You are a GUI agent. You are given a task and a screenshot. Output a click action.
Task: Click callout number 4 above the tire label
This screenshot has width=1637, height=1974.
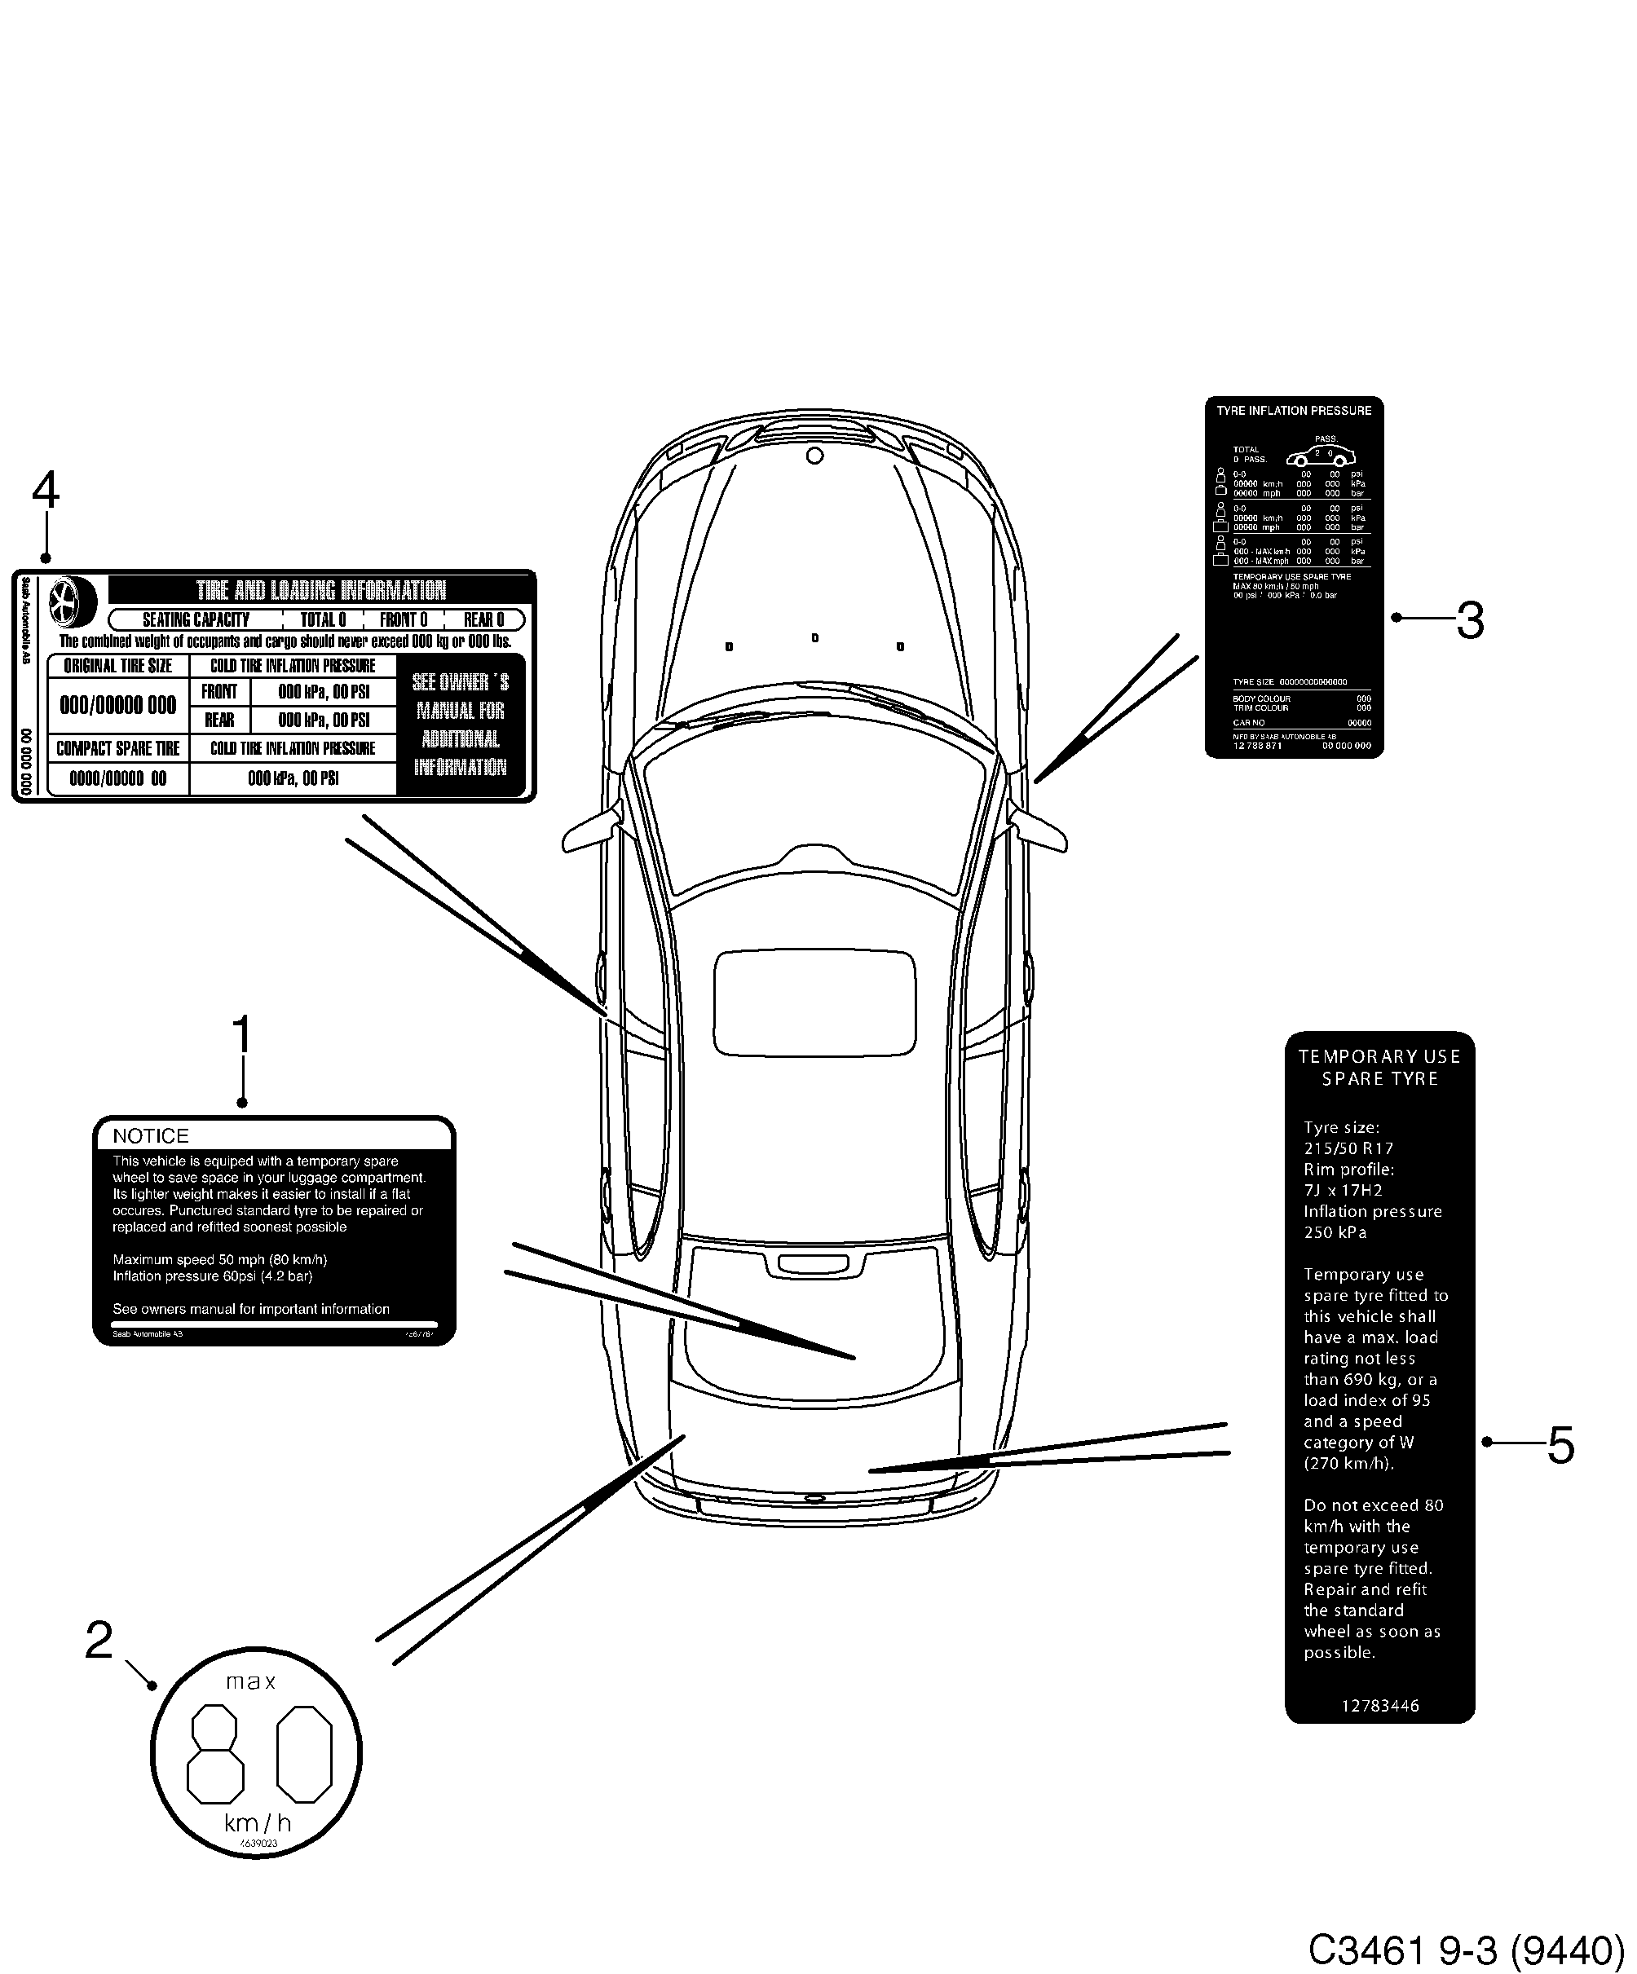tap(45, 491)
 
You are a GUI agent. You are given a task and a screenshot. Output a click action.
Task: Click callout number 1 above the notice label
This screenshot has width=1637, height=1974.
tap(241, 1036)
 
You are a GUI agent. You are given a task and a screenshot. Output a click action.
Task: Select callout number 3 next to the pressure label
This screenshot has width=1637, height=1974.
tap(1470, 620)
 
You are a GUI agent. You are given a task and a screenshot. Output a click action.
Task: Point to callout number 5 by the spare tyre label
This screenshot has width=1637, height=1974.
tap(1560, 1446)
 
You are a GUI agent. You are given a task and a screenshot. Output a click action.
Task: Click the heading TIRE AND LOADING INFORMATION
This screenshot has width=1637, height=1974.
tap(320, 590)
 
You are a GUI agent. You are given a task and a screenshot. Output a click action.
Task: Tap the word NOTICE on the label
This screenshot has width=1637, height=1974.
tap(151, 1135)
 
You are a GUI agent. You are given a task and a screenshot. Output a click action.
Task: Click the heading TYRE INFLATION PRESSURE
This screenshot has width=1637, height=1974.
tap(1293, 411)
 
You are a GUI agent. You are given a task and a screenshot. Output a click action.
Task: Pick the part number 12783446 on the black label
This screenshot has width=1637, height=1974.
tap(1379, 1706)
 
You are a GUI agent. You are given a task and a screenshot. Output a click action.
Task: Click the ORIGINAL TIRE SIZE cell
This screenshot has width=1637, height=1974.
tap(118, 667)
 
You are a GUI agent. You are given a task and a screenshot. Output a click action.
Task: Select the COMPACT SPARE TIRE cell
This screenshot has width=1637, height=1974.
tap(118, 749)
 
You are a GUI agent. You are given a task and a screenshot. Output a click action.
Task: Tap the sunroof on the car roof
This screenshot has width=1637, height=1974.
tap(814, 1002)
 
